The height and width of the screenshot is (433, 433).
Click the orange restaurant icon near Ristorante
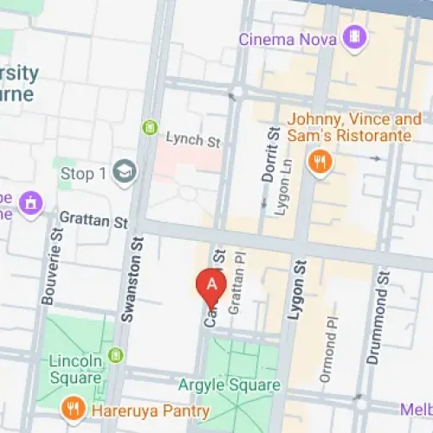point(321,161)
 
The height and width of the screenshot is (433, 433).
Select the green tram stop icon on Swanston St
point(150,127)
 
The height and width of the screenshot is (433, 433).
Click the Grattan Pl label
point(232,291)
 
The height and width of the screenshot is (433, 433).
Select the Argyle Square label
point(229,385)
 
